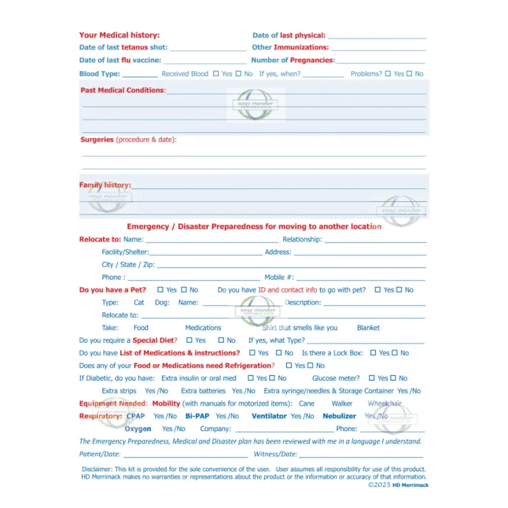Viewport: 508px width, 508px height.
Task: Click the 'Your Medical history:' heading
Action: [119, 36]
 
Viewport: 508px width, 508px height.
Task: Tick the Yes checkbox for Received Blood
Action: [217, 74]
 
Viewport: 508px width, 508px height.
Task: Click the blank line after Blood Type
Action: [140, 75]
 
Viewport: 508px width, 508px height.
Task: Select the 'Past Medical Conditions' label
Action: [122, 90]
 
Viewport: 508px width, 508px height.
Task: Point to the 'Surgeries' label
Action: [97, 140]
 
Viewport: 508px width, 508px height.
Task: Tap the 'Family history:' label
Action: [105, 185]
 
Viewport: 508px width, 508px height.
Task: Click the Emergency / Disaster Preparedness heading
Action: [254, 227]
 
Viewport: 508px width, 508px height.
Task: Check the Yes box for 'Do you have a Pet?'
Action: [161, 290]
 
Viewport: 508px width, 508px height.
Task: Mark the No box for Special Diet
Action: [222, 340]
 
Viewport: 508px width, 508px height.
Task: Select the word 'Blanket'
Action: [368, 328]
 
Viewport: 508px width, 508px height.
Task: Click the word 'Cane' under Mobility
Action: [307, 404]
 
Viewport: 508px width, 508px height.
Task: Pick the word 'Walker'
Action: [342, 404]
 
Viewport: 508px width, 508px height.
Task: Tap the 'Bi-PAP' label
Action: [197, 417]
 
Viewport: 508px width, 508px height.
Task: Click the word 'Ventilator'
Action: [270, 417]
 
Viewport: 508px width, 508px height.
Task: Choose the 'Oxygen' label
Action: [138, 429]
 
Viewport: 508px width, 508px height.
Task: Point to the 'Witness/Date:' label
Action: [276, 455]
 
